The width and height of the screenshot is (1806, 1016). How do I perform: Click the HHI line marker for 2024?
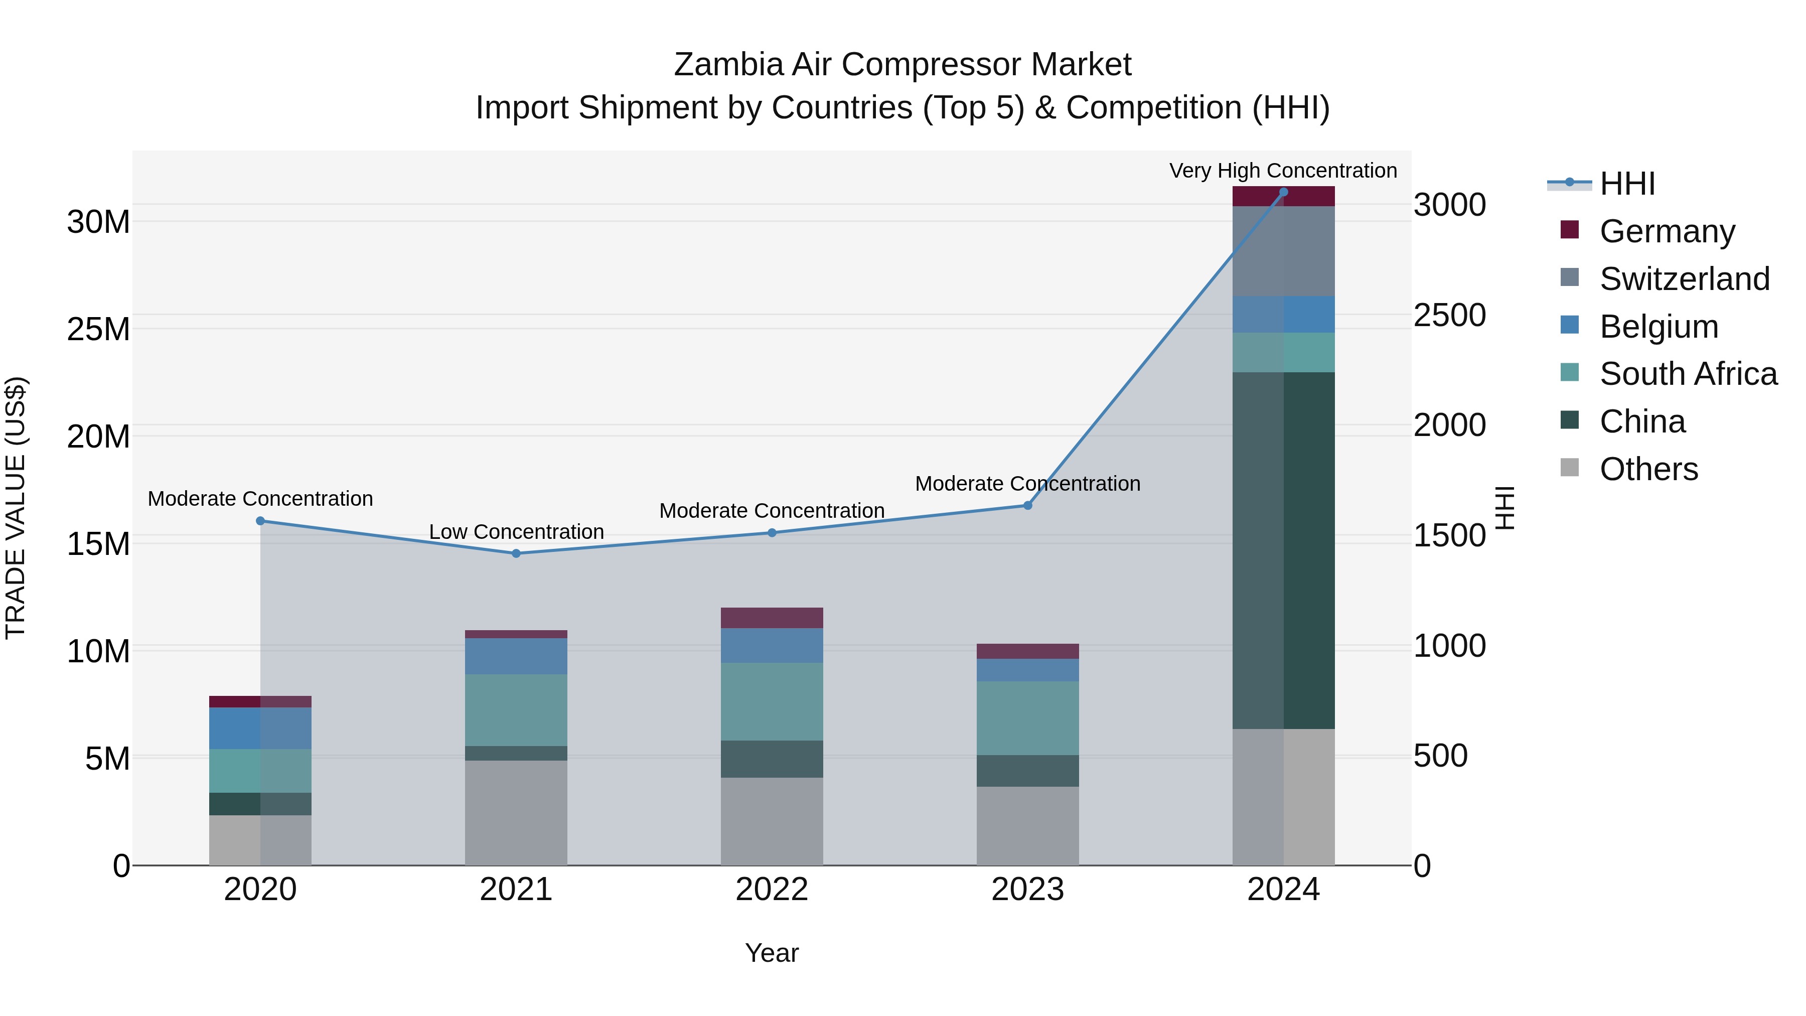tap(1283, 192)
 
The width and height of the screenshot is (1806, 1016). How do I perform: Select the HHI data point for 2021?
tap(516, 553)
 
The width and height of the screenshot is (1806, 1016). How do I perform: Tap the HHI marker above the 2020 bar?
tap(260, 521)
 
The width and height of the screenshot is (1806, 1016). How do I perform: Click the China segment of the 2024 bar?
tap(1283, 550)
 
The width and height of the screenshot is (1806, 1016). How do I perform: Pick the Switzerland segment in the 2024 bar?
tap(1283, 251)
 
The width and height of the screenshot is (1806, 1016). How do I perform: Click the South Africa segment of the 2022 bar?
tap(772, 701)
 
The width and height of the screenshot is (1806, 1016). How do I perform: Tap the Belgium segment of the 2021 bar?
tap(516, 656)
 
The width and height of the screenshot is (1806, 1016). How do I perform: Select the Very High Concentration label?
tap(1282, 171)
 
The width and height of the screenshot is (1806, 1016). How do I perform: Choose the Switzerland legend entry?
tap(1684, 278)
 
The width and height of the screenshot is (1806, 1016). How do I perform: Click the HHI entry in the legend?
tap(1626, 184)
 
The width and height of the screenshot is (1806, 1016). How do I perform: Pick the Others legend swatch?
tap(1569, 468)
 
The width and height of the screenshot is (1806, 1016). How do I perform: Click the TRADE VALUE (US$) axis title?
tap(16, 508)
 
